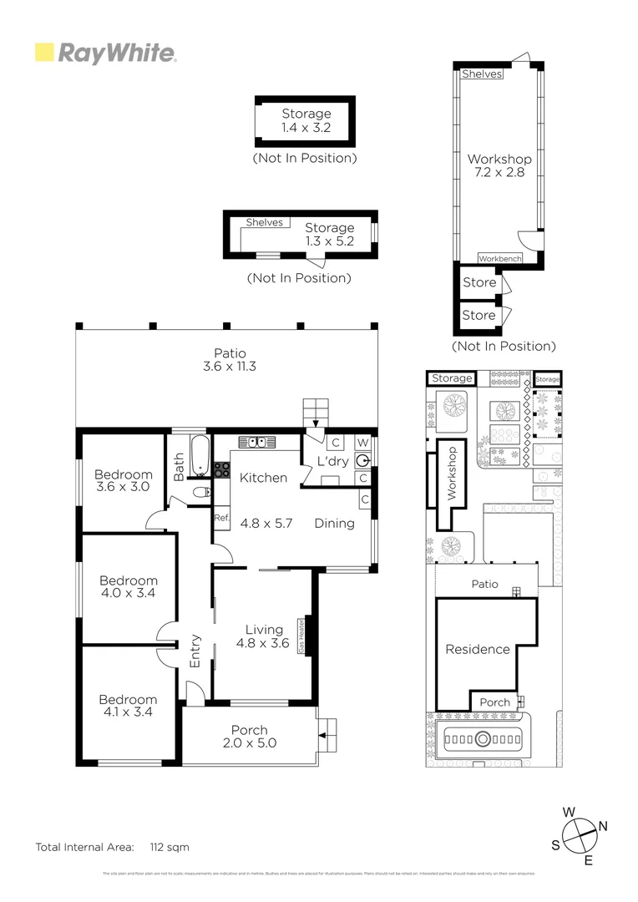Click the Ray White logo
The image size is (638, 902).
click(x=105, y=53)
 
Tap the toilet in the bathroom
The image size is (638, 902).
click(x=200, y=494)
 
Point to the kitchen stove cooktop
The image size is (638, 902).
click(x=223, y=469)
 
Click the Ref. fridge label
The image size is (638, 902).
click(x=221, y=518)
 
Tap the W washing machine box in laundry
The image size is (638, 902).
click(x=362, y=442)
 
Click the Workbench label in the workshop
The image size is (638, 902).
click(x=500, y=259)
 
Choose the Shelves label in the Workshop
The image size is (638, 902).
click(x=483, y=73)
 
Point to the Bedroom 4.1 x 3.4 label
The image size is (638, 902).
click(x=128, y=706)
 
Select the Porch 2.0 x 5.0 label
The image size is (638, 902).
click(x=249, y=736)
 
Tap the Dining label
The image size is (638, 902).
click(x=334, y=524)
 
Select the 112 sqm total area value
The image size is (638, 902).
click(x=170, y=847)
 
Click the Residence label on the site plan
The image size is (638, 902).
click(x=477, y=649)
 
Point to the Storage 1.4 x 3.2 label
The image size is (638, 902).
click(x=306, y=120)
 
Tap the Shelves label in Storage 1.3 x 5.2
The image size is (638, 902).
click(x=264, y=222)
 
